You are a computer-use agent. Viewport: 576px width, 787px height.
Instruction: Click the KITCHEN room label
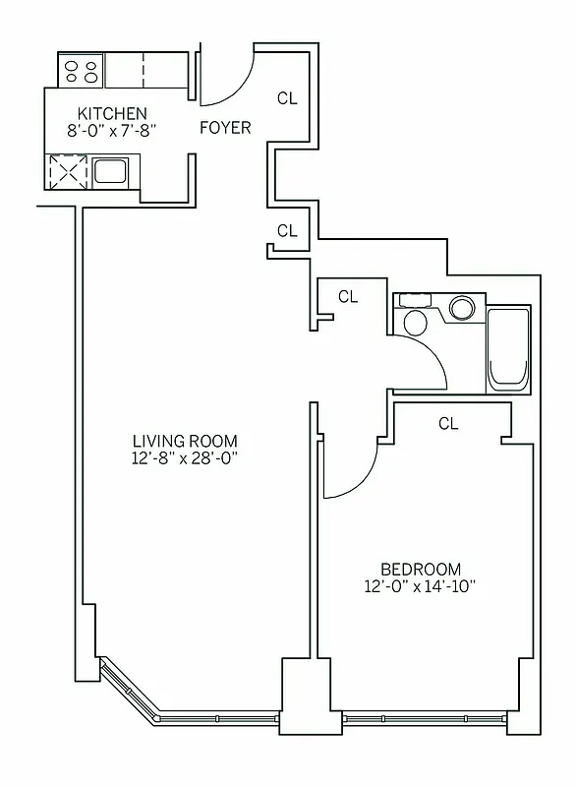[x=107, y=113]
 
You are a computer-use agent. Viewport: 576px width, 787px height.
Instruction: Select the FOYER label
[x=225, y=128]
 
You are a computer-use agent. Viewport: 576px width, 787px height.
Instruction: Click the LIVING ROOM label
[x=186, y=441]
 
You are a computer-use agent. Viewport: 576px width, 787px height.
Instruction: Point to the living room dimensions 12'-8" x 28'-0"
[x=186, y=457]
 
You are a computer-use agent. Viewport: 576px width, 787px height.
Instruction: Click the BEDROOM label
[x=421, y=569]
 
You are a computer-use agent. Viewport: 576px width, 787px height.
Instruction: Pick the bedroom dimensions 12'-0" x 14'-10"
[x=421, y=585]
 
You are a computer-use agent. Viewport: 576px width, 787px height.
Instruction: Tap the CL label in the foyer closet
[x=287, y=97]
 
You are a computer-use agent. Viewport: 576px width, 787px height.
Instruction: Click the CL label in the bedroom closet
[x=448, y=424]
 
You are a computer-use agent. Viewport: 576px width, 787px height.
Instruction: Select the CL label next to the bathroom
[x=348, y=295]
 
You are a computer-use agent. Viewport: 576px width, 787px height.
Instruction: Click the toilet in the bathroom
[x=415, y=321]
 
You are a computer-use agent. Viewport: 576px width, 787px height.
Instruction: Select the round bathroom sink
[x=461, y=308]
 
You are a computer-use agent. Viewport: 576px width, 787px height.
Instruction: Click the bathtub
[x=509, y=349]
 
